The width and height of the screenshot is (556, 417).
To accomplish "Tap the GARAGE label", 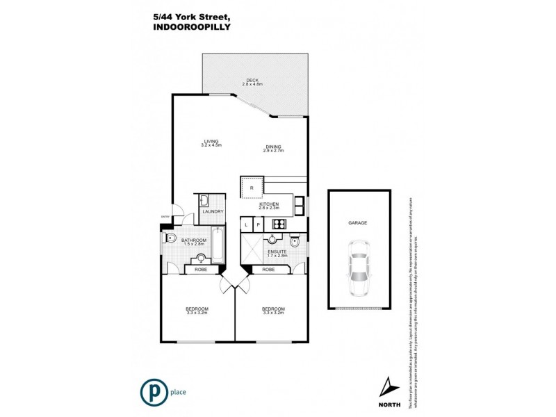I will [358, 223].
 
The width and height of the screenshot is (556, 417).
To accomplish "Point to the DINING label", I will [272, 147].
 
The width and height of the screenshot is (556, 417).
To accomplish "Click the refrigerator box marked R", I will [251, 188].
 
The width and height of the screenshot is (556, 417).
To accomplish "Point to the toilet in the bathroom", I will [170, 238].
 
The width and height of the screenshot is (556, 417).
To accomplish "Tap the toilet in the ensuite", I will [296, 242].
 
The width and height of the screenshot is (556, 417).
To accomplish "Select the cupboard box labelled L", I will [245, 224].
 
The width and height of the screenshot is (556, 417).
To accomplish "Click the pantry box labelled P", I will [257, 224].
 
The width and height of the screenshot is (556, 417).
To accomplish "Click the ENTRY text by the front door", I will [165, 216].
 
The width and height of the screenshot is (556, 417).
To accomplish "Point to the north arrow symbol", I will [387, 384].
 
